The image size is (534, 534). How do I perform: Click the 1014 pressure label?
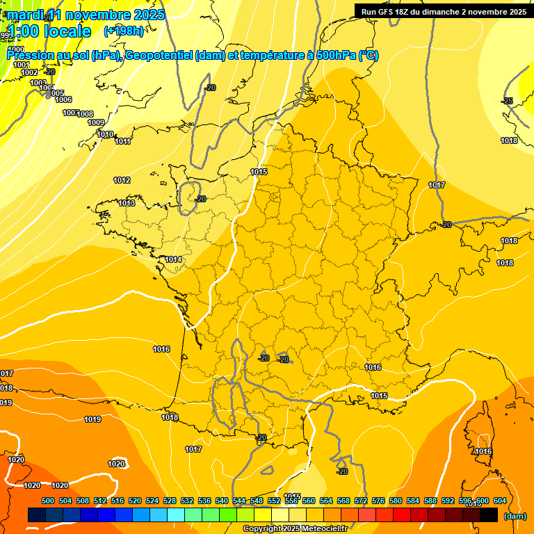coord(174,260)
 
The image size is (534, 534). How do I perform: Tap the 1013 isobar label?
coord(127,203)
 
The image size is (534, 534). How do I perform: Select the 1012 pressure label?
coord(122,181)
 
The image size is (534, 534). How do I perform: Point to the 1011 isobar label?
coord(123,142)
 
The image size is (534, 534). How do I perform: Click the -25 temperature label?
coord(508,102)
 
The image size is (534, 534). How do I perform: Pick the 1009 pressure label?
coord(96,123)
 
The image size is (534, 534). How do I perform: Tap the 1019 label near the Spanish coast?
coord(92,419)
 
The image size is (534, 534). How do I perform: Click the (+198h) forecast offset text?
coord(124,31)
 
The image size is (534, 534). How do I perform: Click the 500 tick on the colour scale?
coord(48,501)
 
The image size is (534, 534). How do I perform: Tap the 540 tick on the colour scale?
coord(222,501)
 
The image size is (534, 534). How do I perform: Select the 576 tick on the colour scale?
coord(378,501)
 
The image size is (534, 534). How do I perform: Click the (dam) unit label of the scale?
coord(515,516)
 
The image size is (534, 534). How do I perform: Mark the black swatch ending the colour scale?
coord(489,515)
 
